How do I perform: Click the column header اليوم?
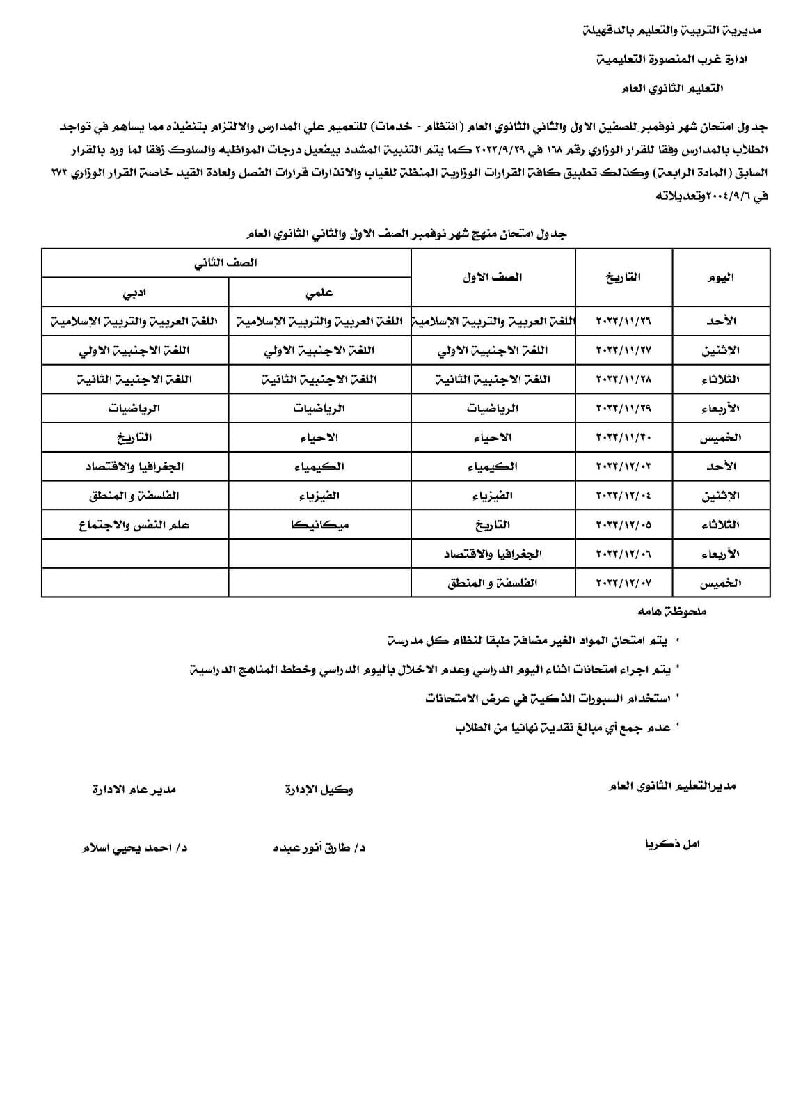[720, 277]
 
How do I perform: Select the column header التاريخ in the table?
[623, 277]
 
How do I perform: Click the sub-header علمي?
[319, 293]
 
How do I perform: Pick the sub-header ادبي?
[134, 293]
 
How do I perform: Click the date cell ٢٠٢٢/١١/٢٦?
[623, 322]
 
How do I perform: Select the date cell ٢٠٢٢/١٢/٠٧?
[623, 583]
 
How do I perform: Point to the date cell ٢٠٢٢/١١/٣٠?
[623, 437]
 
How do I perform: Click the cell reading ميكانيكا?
[319, 525]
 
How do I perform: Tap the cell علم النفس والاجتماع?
[134, 525]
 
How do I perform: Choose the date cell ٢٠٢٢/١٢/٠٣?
[623, 466]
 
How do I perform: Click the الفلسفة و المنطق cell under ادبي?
[134, 496]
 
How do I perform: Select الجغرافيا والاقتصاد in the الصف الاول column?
[493, 554]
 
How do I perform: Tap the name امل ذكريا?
[671, 844]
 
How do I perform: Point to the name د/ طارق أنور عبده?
[319, 847]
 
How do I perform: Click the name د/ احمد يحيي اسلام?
[134, 848]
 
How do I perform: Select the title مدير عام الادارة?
[134, 789]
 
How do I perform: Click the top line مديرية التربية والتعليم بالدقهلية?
[671, 30]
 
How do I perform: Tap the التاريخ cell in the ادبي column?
[134, 437]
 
